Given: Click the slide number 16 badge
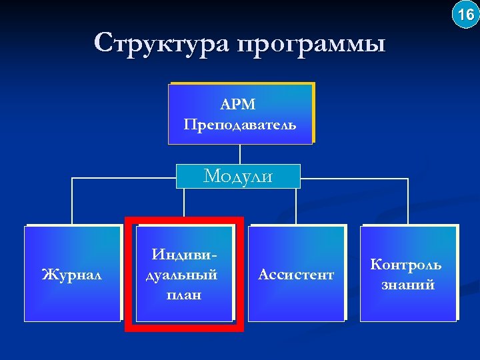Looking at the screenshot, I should click(x=465, y=14).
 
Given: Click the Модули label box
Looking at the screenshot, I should click(x=239, y=176).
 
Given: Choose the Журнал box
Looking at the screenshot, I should click(x=71, y=274).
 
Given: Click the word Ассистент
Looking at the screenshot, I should click(x=296, y=274).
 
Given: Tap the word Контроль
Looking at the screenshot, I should click(x=406, y=264).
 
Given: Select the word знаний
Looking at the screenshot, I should click(x=407, y=285).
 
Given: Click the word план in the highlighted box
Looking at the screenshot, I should click(x=184, y=294).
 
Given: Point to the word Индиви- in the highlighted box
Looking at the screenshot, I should click(x=184, y=254).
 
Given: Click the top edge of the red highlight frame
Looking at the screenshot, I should click(x=184, y=219).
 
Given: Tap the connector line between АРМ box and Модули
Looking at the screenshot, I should click(x=239, y=154).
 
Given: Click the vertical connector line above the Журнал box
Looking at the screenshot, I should click(x=72, y=202).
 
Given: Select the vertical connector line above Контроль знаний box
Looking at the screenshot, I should click(x=407, y=202).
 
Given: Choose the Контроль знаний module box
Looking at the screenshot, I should click(x=407, y=307).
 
